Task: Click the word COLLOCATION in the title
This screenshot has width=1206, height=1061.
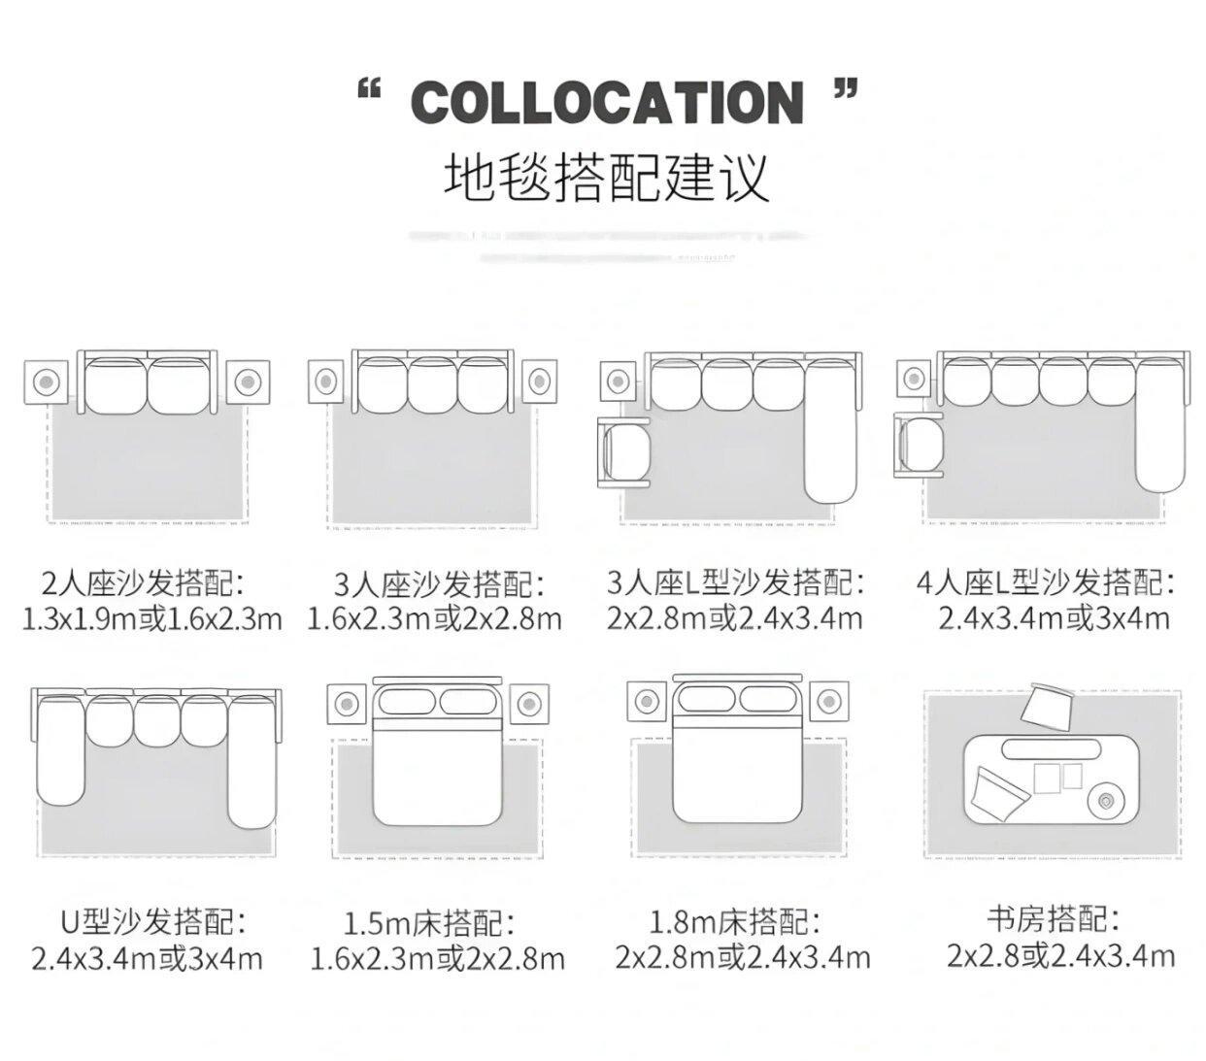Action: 608,102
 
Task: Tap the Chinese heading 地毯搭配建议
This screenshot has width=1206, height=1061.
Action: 607,177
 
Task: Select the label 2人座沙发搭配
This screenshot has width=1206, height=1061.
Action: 143,583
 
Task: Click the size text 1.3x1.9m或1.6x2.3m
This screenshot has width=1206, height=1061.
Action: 152,618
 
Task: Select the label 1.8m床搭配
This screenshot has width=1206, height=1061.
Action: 735,920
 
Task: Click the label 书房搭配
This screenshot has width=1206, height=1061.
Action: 1053,918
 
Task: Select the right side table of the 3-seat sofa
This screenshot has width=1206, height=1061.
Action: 537,381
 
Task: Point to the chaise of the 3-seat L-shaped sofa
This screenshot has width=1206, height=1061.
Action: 832,432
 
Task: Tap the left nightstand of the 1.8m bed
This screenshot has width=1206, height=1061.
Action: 645,701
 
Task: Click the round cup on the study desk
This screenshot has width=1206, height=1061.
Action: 1106,801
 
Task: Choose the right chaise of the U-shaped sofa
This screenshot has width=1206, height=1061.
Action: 252,762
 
